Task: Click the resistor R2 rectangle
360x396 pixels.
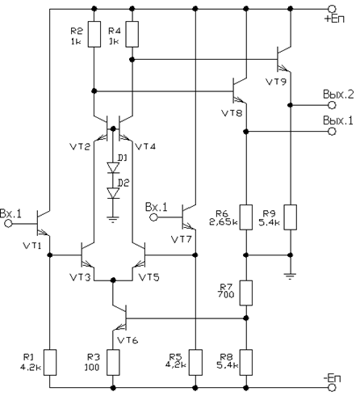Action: click(x=94, y=34)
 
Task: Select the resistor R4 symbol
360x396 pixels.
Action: click(x=132, y=34)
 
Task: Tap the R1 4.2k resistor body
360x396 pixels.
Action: click(x=50, y=362)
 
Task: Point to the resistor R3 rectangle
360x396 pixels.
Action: click(x=113, y=362)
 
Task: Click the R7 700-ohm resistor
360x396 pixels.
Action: click(x=246, y=293)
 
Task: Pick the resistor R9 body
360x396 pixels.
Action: click(x=291, y=217)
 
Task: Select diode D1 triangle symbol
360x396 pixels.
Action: click(x=113, y=167)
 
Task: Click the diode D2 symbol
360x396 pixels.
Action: click(x=113, y=193)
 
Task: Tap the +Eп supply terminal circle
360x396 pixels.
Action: click(x=333, y=9)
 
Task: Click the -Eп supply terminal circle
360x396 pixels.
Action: click(x=333, y=388)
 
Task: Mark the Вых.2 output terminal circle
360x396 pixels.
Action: click(x=333, y=105)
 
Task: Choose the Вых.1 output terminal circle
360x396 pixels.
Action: click(x=333, y=132)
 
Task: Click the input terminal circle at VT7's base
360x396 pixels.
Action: click(x=153, y=217)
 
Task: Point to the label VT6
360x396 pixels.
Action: click(x=128, y=340)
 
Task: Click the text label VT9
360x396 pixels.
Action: click(x=276, y=82)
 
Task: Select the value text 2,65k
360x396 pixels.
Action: click(x=224, y=222)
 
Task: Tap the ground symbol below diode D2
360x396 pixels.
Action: click(x=113, y=220)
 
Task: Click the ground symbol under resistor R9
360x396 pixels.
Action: click(x=290, y=276)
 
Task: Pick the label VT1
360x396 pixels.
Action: click(x=32, y=246)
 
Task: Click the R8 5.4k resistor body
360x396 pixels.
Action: click(x=246, y=362)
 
